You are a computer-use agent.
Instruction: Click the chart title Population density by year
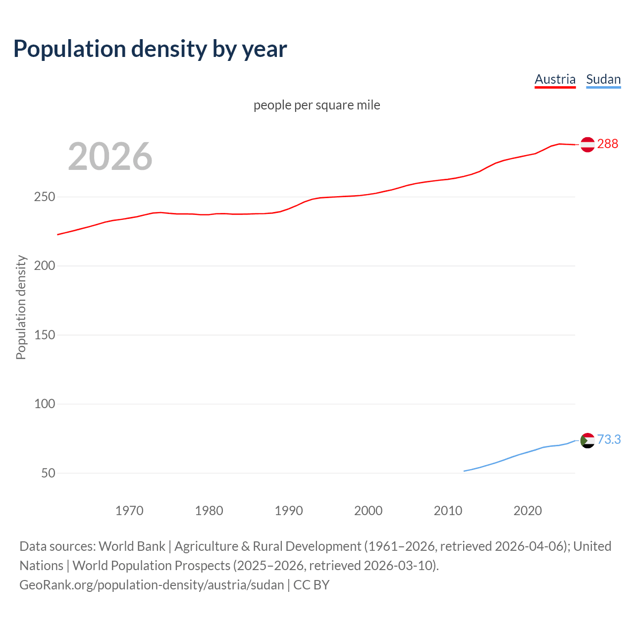[x=150, y=49]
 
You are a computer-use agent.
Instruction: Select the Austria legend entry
[x=555, y=79]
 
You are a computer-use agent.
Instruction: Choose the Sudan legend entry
[x=603, y=79]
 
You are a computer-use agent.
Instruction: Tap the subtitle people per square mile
[x=317, y=105]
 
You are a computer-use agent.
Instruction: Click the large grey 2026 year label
[x=110, y=157]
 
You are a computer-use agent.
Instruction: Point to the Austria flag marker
[x=587, y=144]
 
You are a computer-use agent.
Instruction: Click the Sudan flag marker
[x=587, y=440]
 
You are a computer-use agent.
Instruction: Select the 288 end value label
[x=607, y=144]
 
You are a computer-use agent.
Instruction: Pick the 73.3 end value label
[x=609, y=439]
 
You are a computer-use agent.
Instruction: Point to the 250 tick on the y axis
[x=45, y=197]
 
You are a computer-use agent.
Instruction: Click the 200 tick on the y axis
[x=45, y=266]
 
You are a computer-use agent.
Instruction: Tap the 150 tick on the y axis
[x=45, y=335]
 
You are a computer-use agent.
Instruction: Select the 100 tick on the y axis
[x=45, y=404]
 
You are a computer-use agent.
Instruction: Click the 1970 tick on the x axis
[x=129, y=511]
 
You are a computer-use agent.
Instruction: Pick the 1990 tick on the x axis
[x=289, y=511]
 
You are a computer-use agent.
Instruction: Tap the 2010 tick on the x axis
[x=448, y=511]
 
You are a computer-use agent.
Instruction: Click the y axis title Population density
[x=21, y=307]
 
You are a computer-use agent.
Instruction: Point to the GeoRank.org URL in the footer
[x=152, y=585]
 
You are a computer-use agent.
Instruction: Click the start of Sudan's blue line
[x=464, y=471]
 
